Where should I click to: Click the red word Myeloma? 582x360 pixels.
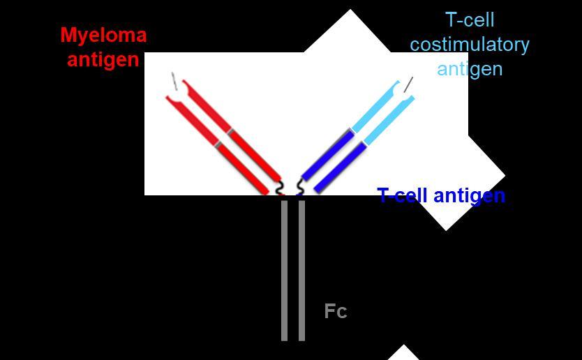click(x=103, y=35)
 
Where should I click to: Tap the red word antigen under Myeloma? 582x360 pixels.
click(x=103, y=59)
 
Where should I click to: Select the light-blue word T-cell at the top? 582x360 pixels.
click(x=469, y=20)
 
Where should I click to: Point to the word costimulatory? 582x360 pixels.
click(x=469, y=44)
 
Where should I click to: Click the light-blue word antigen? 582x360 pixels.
click(x=469, y=68)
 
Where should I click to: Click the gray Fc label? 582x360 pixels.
click(x=335, y=311)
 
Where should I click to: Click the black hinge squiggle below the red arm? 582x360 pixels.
click(x=281, y=188)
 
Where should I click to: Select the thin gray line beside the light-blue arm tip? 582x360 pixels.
click(x=409, y=84)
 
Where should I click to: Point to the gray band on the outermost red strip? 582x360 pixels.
click(x=218, y=144)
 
